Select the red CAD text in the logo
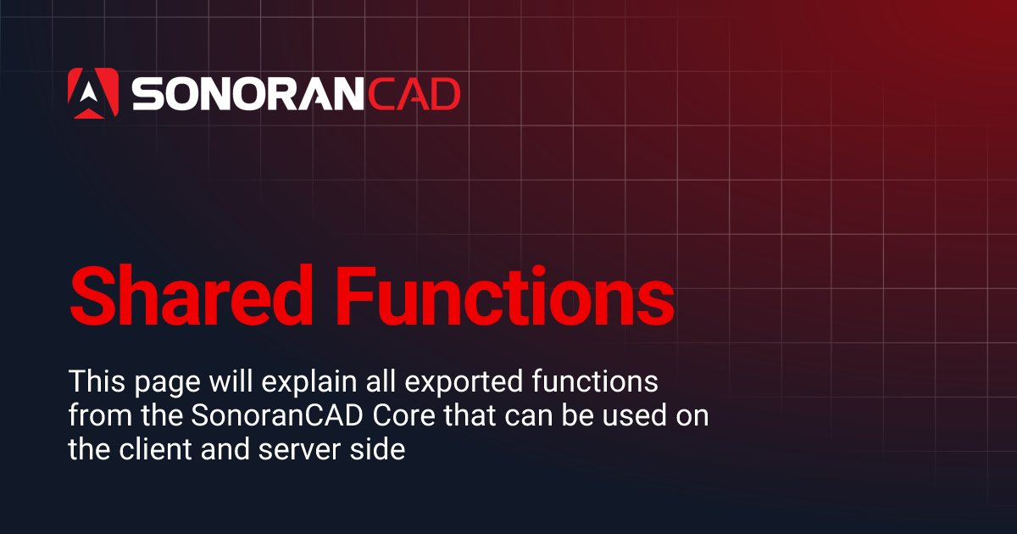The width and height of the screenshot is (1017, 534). (x=413, y=94)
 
